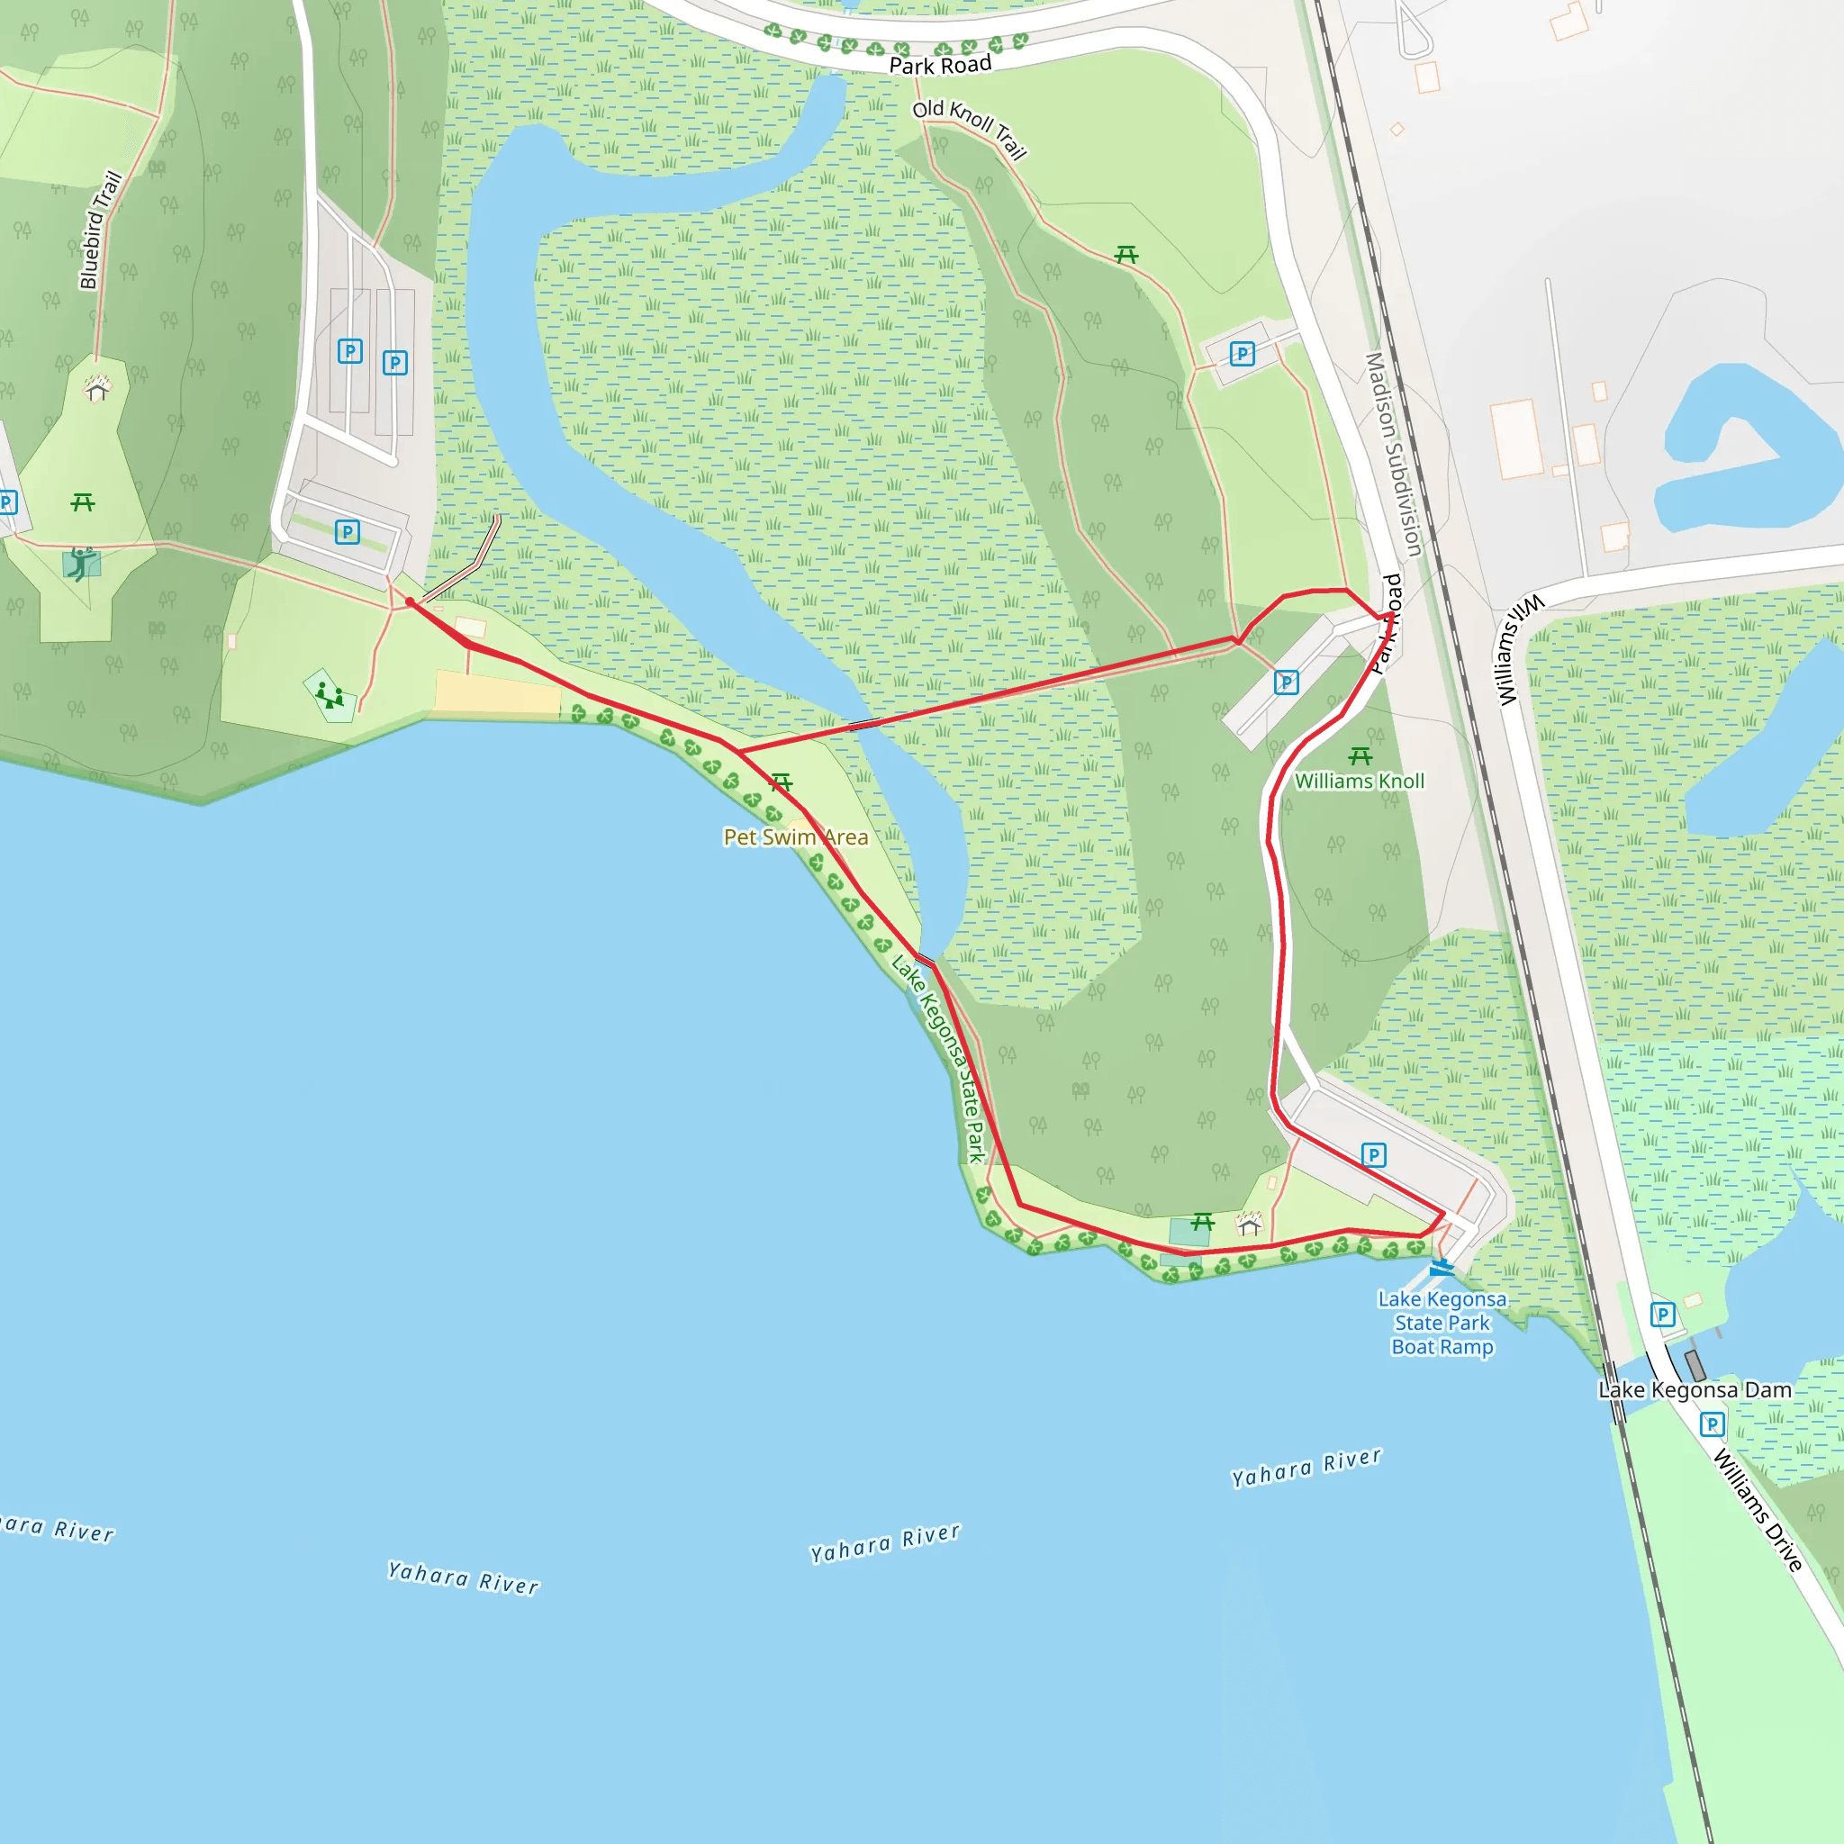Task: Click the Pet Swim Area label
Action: [795, 837]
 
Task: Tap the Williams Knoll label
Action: [1359, 781]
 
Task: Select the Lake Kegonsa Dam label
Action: [1695, 1389]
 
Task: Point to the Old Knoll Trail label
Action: [969, 128]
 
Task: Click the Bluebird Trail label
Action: [100, 230]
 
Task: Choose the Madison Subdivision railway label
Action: [1394, 455]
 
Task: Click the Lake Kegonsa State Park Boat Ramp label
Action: [1442, 1323]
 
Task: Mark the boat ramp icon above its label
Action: [1442, 1268]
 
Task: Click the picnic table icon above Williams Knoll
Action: [1360, 757]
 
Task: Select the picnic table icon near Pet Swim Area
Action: [781, 783]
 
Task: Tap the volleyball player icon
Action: [82, 563]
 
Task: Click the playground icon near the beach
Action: [330, 695]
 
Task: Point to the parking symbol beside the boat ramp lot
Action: [1373, 1156]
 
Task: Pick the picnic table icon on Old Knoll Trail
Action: [1126, 255]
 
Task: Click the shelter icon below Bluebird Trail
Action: [96, 388]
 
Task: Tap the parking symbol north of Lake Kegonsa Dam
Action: [1663, 1315]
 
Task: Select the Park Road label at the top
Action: [940, 65]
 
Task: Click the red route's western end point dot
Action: [410, 602]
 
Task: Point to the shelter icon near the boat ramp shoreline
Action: [1250, 1223]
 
